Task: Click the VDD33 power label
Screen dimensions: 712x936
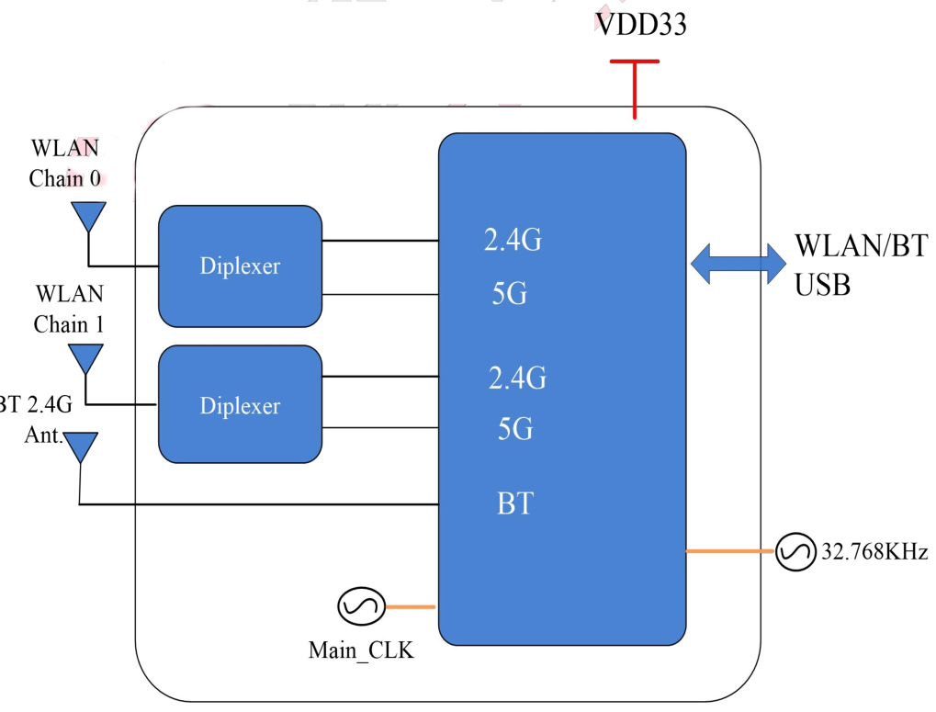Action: click(x=640, y=24)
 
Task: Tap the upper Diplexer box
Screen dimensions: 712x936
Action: click(x=240, y=266)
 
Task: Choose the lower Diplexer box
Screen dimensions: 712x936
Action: click(x=240, y=405)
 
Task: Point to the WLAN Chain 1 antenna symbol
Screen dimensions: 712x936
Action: click(x=86, y=357)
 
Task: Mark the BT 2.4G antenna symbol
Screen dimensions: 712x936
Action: click(x=81, y=446)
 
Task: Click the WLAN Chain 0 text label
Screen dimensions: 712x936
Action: click(x=65, y=163)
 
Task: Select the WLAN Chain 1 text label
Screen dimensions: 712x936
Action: click(x=69, y=309)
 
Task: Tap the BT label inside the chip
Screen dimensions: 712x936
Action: click(x=514, y=503)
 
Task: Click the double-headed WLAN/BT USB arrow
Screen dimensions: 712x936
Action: click(x=738, y=263)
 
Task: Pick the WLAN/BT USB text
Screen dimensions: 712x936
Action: click(x=860, y=266)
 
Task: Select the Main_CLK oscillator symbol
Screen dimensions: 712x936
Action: click(x=356, y=606)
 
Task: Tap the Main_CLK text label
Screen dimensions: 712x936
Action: click(x=361, y=651)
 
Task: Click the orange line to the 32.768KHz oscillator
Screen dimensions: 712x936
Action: click(x=730, y=551)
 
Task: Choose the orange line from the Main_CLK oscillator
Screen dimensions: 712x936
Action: click(x=410, y=606)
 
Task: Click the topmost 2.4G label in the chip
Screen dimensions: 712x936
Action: click(x=513, y=241)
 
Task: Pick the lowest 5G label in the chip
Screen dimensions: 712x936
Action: click(x=514, y=429)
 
